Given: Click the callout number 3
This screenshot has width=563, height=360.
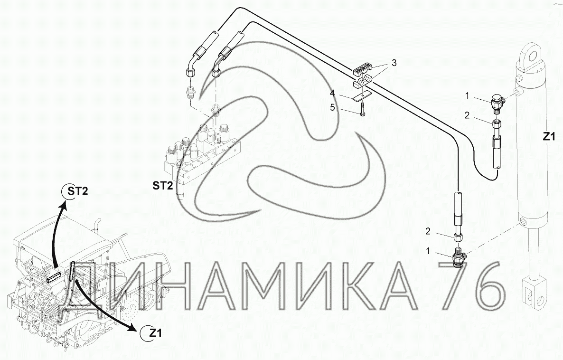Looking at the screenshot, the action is (x=394, y=63).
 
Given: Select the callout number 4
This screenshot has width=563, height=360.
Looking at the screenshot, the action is (x=332, y=93).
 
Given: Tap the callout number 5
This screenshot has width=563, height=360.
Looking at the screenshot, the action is (x=332, y=107).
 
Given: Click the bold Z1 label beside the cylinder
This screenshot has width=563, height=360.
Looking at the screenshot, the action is (x=549, y=136).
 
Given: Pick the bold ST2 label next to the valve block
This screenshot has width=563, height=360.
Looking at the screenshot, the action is (x=163, y=185).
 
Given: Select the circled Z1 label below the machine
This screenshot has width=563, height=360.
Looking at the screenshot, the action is (x=152, y=333).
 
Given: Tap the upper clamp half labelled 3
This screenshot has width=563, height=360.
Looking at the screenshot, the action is (x=363, y=69).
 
